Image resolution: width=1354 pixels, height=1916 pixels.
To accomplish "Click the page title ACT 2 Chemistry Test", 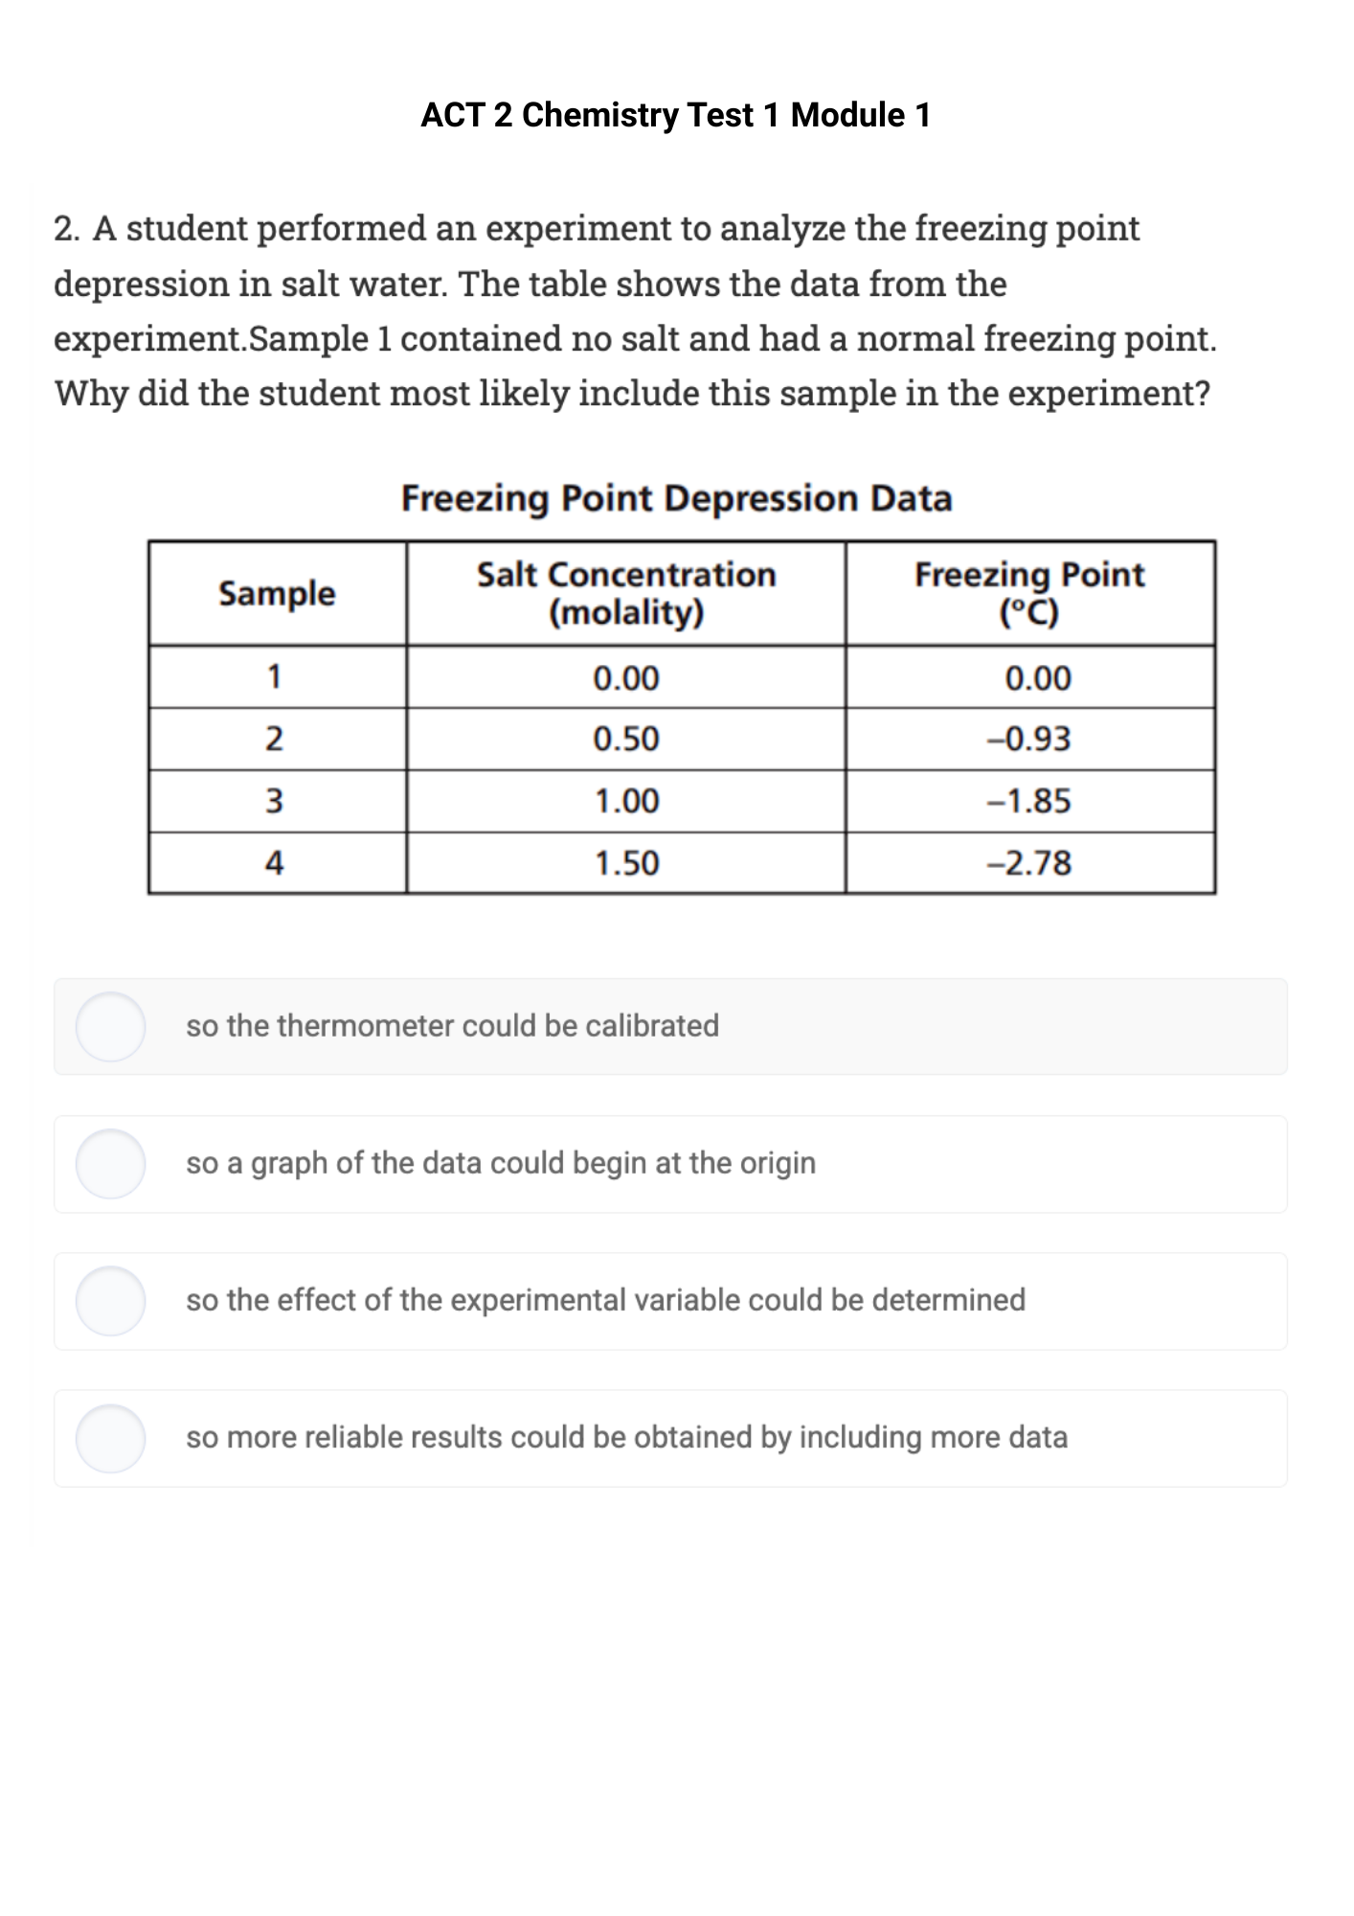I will (675, 115).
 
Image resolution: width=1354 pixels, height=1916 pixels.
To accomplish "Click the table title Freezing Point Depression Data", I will (676, 498).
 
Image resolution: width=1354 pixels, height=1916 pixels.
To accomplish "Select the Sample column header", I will (277, 593).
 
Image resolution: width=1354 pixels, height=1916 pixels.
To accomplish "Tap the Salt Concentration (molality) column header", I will (626, 593).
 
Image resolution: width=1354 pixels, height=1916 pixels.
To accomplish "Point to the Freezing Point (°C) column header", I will (1029, 593).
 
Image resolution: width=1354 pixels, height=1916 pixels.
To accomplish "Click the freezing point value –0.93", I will (1029, 740).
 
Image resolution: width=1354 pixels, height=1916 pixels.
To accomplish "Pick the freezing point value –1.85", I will (1029, 801).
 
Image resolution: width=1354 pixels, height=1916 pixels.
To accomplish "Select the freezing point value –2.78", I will (1029, 863).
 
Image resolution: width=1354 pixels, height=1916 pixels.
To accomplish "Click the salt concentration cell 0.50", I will (626, 740).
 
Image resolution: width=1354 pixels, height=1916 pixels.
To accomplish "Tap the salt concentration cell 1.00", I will (626, 801).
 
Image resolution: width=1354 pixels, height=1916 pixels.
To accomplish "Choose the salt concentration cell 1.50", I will (626, 863).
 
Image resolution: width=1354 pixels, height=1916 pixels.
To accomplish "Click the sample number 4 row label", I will (275, 863).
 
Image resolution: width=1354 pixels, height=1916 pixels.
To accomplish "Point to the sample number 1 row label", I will (275, 677).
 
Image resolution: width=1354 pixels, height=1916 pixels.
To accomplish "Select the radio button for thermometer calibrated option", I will (111, 1026).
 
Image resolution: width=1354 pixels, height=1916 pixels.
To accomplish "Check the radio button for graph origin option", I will (111, 1163).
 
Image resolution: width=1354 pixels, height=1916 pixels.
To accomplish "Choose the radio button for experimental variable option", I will (111, 1301).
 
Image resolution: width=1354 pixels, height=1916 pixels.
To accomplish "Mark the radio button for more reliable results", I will (111, 1438).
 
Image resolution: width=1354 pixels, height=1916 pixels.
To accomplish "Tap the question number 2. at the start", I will (67, 229).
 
